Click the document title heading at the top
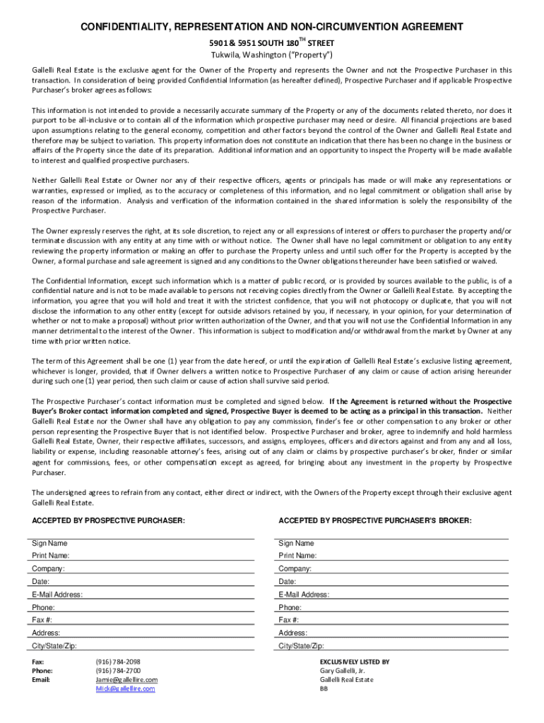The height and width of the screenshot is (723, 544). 272,27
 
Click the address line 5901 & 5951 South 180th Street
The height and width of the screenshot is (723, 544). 272,42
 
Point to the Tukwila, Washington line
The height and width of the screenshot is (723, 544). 272,55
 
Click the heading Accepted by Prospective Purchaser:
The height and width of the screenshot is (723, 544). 109,520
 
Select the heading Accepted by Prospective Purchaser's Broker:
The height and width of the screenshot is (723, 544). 374,520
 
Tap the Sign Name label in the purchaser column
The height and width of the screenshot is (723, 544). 49,543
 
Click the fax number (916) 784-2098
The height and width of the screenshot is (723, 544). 118,662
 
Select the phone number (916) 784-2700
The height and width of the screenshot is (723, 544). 118,671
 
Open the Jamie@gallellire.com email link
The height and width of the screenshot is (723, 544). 126,680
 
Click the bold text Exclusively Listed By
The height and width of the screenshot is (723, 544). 355,662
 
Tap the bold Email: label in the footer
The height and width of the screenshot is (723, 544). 42,680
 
